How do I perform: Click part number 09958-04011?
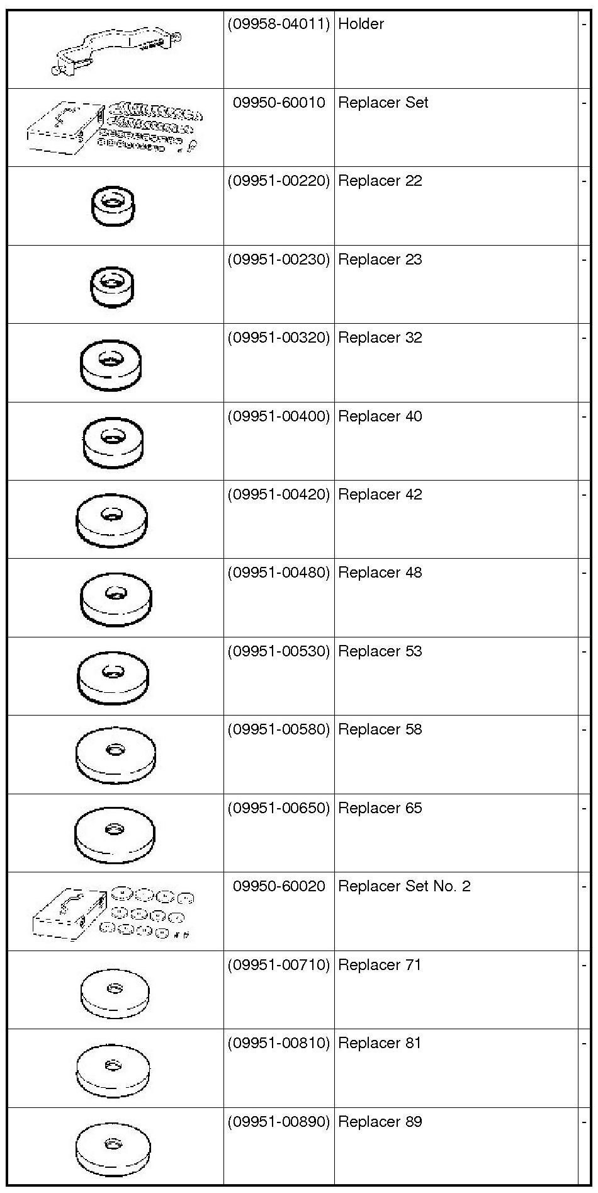[x=279, y=24]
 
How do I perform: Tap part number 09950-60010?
[x=279, y=103]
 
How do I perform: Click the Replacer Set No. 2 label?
[x=404, y=886]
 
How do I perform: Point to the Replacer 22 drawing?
[x=113, y=205]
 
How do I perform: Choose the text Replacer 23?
[x=380, y=260]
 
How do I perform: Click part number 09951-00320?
[x=279, y=338]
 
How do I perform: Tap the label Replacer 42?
[x=380, y=494]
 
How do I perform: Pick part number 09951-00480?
[x=279, y=573]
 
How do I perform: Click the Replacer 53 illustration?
[x=113, y=676]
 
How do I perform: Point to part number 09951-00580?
[x=279, y=729]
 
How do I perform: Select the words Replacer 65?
[x=380, y=808]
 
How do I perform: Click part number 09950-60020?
[x=279, y=886]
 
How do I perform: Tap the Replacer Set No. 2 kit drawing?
[x=113, y=913]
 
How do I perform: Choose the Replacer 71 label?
[x=380, y=965]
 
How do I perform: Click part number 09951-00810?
[x=279, y=1043]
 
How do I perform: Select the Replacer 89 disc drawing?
[x=113, y=1146]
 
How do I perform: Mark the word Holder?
[x=361, y=24]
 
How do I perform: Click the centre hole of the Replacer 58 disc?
[x=115, y=750]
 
